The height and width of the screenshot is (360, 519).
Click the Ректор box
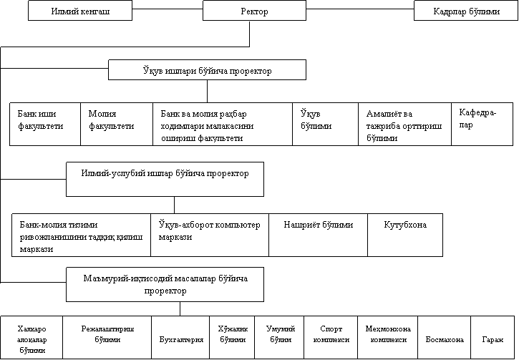(x=254, y=11)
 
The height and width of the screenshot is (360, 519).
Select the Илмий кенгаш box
(x=80, y=11)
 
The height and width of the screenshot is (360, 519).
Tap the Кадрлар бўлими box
(x=466, y=11)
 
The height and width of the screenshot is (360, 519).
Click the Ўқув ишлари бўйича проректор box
(x=207, y=70)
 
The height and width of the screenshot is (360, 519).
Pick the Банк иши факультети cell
(x=45, y=124)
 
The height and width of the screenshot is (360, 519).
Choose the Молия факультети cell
(x=117, y=124)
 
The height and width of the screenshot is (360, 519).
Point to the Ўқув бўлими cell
(x=326, y=124)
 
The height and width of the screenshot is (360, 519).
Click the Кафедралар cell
(x=482, y=124)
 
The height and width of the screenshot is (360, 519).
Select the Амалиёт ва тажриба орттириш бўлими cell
(x=404, y=124)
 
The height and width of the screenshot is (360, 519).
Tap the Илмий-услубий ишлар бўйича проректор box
(x=165, y=180)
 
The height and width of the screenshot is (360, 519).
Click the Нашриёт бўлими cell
(x=318, y=235)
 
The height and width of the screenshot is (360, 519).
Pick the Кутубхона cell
(x=405, y=235)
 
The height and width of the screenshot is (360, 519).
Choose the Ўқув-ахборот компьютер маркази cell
(x=210, y=235)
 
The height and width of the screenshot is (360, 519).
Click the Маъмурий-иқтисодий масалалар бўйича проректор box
(x=165, y=285)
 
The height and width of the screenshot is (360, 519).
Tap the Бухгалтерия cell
(x=180, y=338)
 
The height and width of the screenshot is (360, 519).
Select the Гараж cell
(x=493, y=338)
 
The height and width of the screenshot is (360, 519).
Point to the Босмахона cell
(x=445, y=338)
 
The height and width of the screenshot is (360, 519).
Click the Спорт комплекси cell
(x=331, y=338)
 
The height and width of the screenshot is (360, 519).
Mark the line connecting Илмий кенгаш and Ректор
(x=168, y=9)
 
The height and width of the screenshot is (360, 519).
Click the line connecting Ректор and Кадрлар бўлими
(x=360, y=9)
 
